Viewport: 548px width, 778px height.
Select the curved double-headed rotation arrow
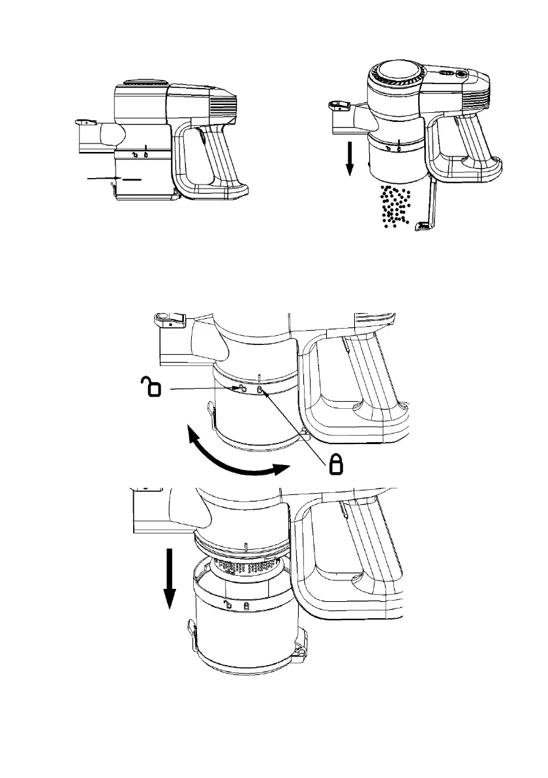(x=236, y=453)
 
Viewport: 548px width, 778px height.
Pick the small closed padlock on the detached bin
(x=246, y=606)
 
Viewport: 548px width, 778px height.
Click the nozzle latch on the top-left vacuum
(x=83, y=121)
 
